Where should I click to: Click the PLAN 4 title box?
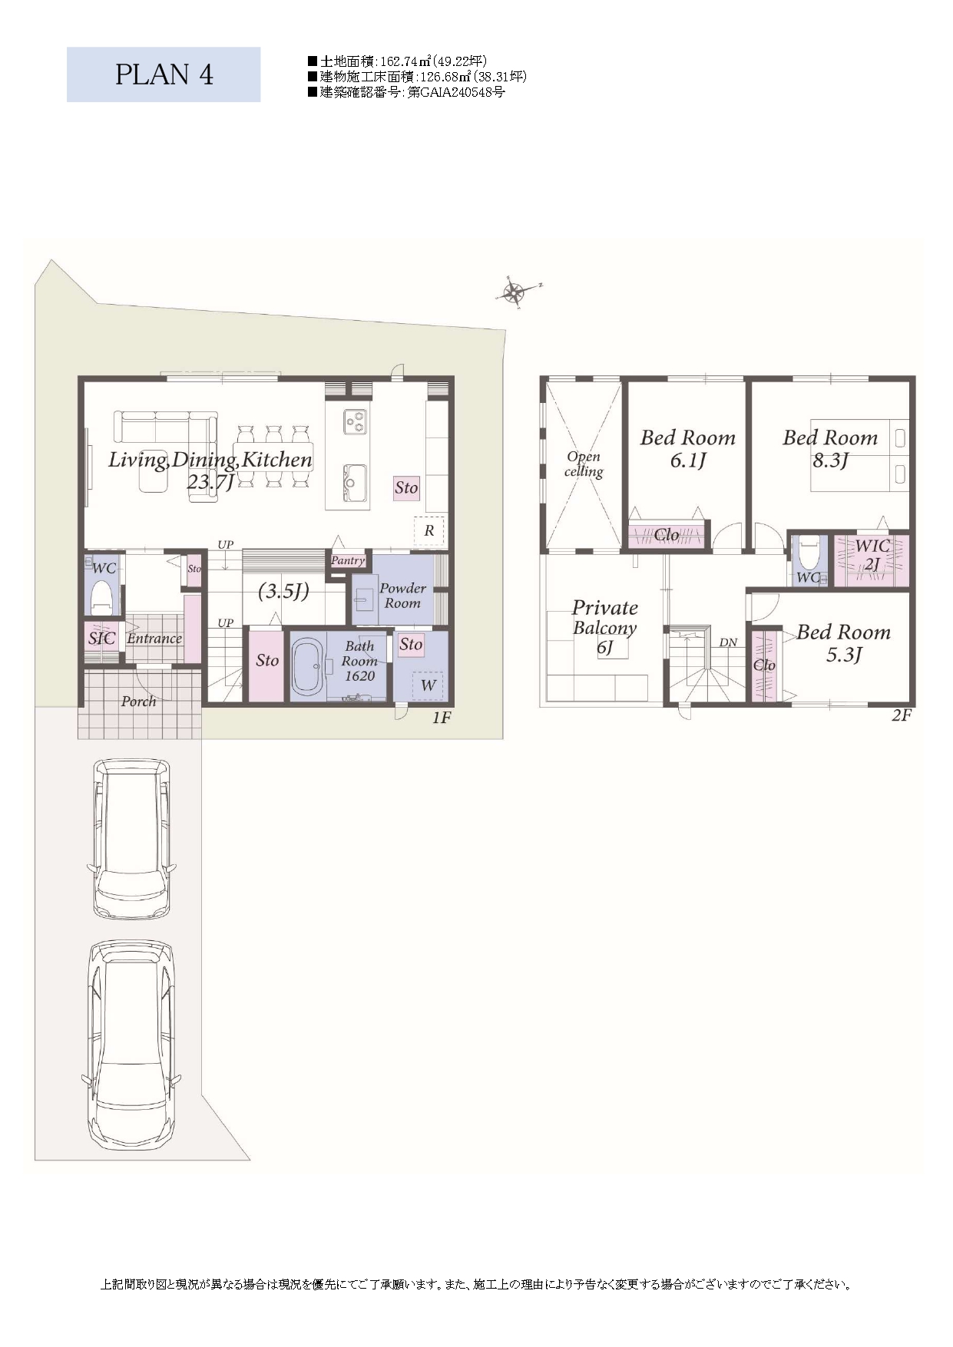[x=164, y=74]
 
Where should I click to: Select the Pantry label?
[x=348, y=560]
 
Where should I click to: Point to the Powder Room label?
[x=402, y=596]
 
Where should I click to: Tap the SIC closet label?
[x=101, y=639]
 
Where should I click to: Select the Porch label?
[x=138, y=702]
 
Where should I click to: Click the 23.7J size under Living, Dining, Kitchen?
[x=210, y=482]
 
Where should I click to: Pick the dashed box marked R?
[x=429, y=530]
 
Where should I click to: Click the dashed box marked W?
[x=428, y=685]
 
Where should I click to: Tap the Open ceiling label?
[x=584, y=464]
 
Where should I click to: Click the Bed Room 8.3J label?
[x=830, y=448]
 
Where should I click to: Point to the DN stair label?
[x=728, y=642]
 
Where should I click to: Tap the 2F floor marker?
[x=902, y=715]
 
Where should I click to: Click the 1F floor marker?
[x=441, y=718]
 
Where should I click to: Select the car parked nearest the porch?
[x=131, y=838]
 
